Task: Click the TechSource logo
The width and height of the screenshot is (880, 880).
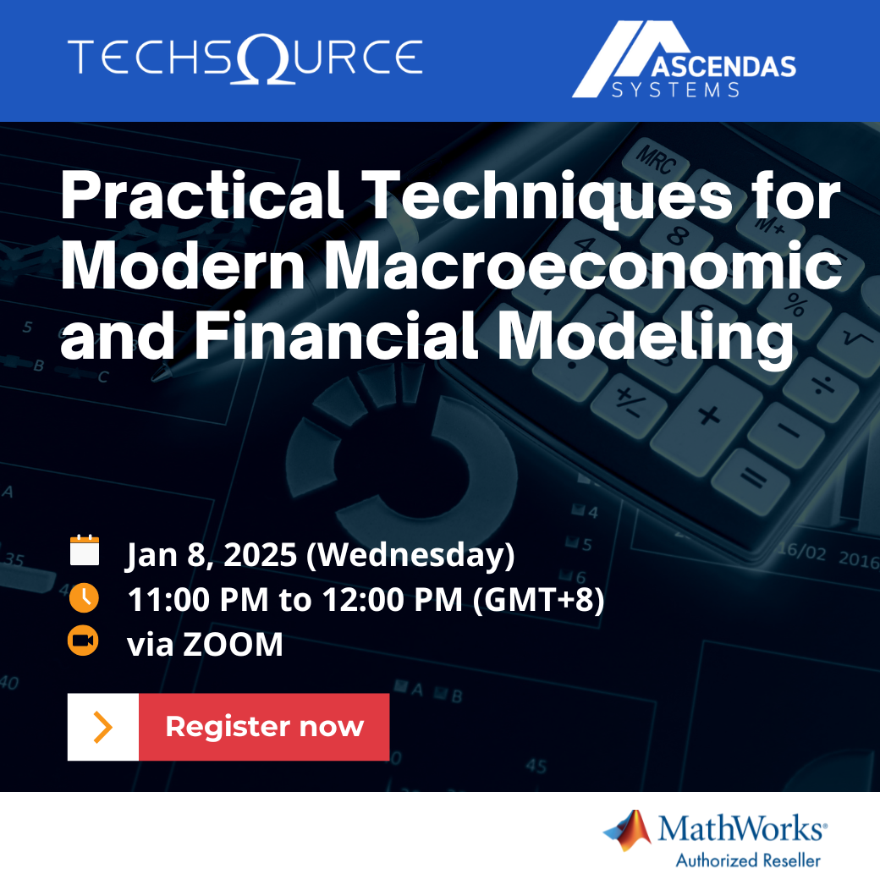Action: [x=245, y=58]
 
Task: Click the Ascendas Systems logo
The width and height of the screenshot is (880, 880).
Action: [x=685, y=59]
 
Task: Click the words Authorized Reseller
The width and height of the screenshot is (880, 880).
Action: [x=748, y=861]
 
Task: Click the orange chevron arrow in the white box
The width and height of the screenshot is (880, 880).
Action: [x=102, y=727]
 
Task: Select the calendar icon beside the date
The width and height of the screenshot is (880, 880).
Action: [x=85, y=550]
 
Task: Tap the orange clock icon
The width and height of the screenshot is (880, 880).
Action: [x=84, y=597]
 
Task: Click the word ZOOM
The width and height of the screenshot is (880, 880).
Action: [x=233, y=644]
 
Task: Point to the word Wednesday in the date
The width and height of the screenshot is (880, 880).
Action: [x=410, y=555]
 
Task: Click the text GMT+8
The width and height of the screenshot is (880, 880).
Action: [x=539, y=599]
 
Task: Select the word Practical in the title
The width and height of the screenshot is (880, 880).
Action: [x=202, y=195]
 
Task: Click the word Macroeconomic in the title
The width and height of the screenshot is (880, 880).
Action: [x=583, y=266]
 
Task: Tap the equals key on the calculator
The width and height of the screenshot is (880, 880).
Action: [x=752, y=480]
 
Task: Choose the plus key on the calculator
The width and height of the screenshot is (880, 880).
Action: [x=709, y=416]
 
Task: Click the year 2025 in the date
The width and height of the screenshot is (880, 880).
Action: [x=260, y=555]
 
